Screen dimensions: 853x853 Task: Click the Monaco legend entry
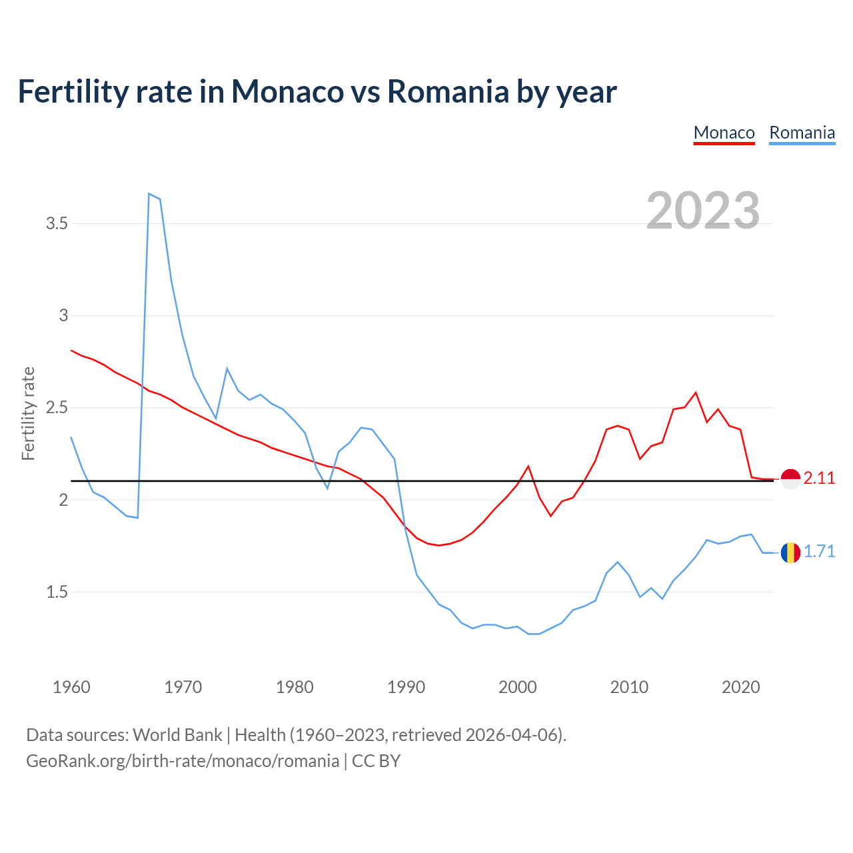[724, 133]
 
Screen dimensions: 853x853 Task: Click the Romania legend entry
[802, 133]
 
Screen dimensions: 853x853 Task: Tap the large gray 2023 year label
[703, 211]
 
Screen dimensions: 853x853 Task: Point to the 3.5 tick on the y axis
[57, 223]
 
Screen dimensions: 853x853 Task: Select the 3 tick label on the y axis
[64, 315]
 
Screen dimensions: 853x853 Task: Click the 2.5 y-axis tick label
[57, 407]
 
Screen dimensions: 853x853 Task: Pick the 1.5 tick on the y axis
[57, 592]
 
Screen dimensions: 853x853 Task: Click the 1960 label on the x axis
[71, 687]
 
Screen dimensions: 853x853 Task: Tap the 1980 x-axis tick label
[295, 687]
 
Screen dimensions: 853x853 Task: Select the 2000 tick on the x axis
[518, 687]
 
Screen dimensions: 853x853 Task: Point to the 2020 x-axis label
[740, 687]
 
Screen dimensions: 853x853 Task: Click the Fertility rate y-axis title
[28, 413]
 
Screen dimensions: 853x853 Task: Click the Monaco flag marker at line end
[790, 478]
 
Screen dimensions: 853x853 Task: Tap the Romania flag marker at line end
[790, 552]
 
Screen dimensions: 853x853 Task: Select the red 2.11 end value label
[819, 478]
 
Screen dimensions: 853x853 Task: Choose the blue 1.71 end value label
[819, 552]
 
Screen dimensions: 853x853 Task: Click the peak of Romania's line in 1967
[149, 193]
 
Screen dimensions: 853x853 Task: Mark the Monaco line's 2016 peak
[696, 393]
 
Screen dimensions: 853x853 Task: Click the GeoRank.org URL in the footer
[182, 760]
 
